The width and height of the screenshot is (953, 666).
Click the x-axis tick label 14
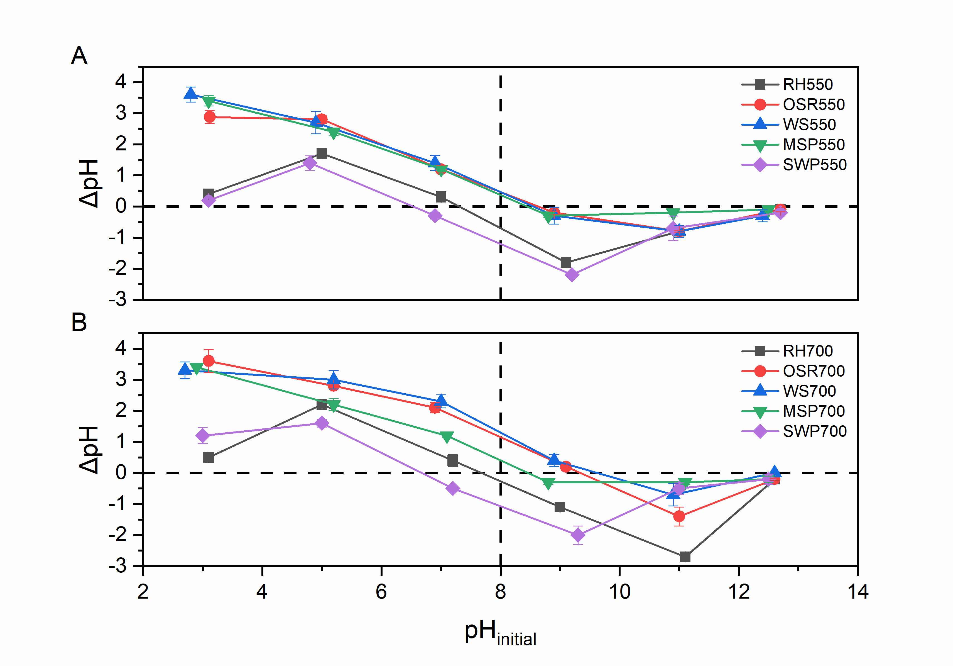pyautogui.click(x=858, y=592)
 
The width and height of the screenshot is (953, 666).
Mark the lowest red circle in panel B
pyautogui.click(x=679, y=516)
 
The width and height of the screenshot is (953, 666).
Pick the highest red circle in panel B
pyautogui.click(x=209, y=361)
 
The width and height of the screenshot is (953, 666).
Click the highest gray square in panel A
pyautogui.click(x=322, y=154)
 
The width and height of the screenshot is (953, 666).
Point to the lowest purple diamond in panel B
pyautogui.click(x=578, y=535)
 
